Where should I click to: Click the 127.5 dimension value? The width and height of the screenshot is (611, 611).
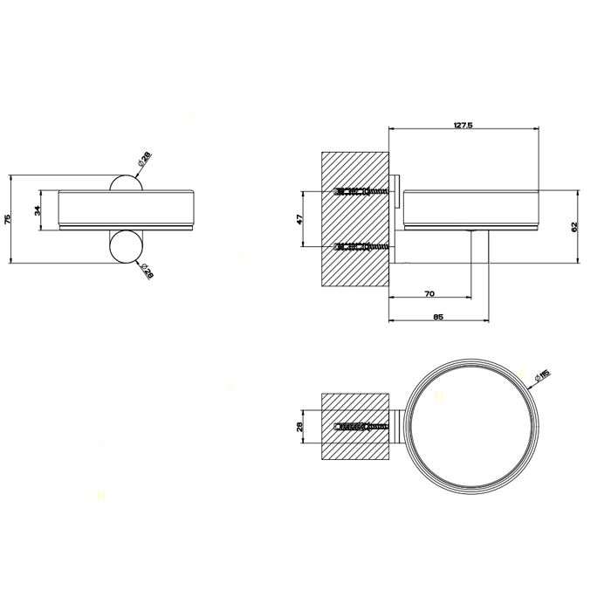(463, 126)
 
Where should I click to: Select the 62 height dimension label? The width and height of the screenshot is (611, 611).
(573, 226)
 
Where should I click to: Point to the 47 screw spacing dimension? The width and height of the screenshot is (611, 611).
(299, 220)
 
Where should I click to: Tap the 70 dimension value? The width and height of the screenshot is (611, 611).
(429, 293)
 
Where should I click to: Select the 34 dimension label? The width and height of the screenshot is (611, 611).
(38, 210)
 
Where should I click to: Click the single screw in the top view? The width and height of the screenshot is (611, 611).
(360, 427)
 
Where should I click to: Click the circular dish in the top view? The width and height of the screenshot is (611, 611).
(468, 427)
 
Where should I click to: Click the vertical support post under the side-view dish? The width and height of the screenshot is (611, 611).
(480, 258)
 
